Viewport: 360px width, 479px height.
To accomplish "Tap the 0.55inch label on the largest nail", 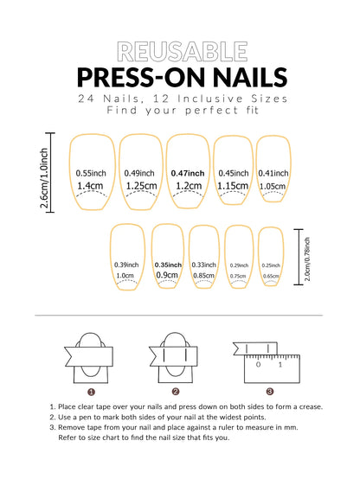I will point(91,172).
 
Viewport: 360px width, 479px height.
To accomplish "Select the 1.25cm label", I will point(140,185).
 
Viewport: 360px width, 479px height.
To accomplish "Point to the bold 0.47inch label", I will point(188,172).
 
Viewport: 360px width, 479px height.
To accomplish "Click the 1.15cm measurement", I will point(233,185).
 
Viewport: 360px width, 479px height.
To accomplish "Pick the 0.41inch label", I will point(273,172).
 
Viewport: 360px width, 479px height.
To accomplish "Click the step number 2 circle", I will point(176,392).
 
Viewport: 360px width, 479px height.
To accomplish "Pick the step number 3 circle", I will point(270,392).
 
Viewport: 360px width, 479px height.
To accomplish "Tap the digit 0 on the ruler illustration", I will point(258,364).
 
